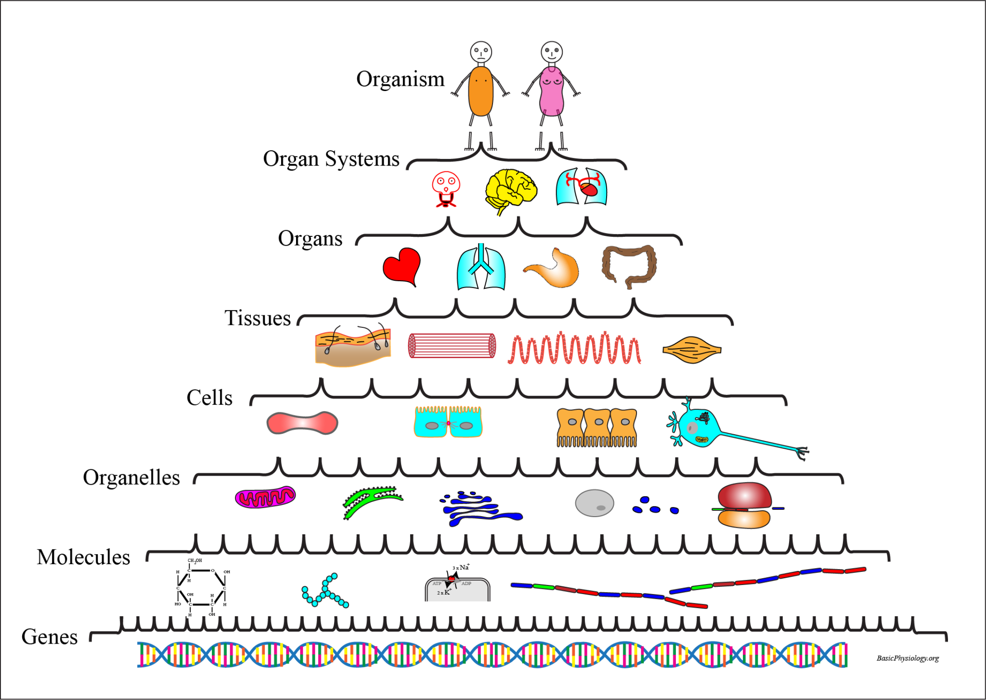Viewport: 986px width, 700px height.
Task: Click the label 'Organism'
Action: point(400,79)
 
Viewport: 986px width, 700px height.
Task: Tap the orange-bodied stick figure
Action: point(480,91)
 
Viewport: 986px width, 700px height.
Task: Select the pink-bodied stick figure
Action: point(551,91)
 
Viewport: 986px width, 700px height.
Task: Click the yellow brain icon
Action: point(510,190)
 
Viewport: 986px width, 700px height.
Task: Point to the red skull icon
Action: point(446,188)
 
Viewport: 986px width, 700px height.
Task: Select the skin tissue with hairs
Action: point(352,346)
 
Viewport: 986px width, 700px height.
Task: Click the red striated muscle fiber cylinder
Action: point(452,346)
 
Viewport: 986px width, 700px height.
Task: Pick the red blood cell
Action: point(302,423)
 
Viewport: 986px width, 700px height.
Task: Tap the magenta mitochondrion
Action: point(265,497)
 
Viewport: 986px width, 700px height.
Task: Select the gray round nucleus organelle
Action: point(594,503)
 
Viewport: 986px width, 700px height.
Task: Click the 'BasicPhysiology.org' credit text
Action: point(908,658)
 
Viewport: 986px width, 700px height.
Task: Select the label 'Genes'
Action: point(50,637)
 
